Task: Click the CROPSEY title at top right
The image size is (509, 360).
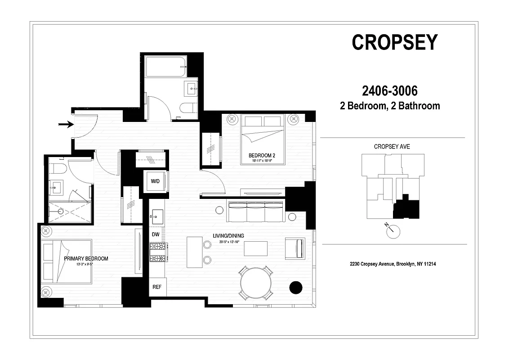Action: pyautogui.click(x=394, y=42)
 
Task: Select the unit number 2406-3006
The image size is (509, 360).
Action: pyautogui.click(x=390, y=91)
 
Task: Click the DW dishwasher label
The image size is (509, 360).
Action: pyautogui.click(x=156, y=234)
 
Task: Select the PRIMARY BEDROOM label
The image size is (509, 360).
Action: pyautogui.click(x=86, y=259)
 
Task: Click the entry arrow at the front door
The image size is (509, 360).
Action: pyautogui.click(x=66, y=124)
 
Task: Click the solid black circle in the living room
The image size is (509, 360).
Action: pyautogui.click(x=295, y=288)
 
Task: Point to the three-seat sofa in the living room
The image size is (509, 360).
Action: pyautogui.click(x=256, y=211)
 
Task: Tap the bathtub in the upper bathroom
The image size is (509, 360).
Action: pyautogui.click(x=165, y=67)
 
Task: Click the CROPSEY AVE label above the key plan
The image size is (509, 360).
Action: pyautogui.click(x=392, y=147)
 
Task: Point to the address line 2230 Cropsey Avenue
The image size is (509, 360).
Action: pyautogui.click(x=393, y=264)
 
